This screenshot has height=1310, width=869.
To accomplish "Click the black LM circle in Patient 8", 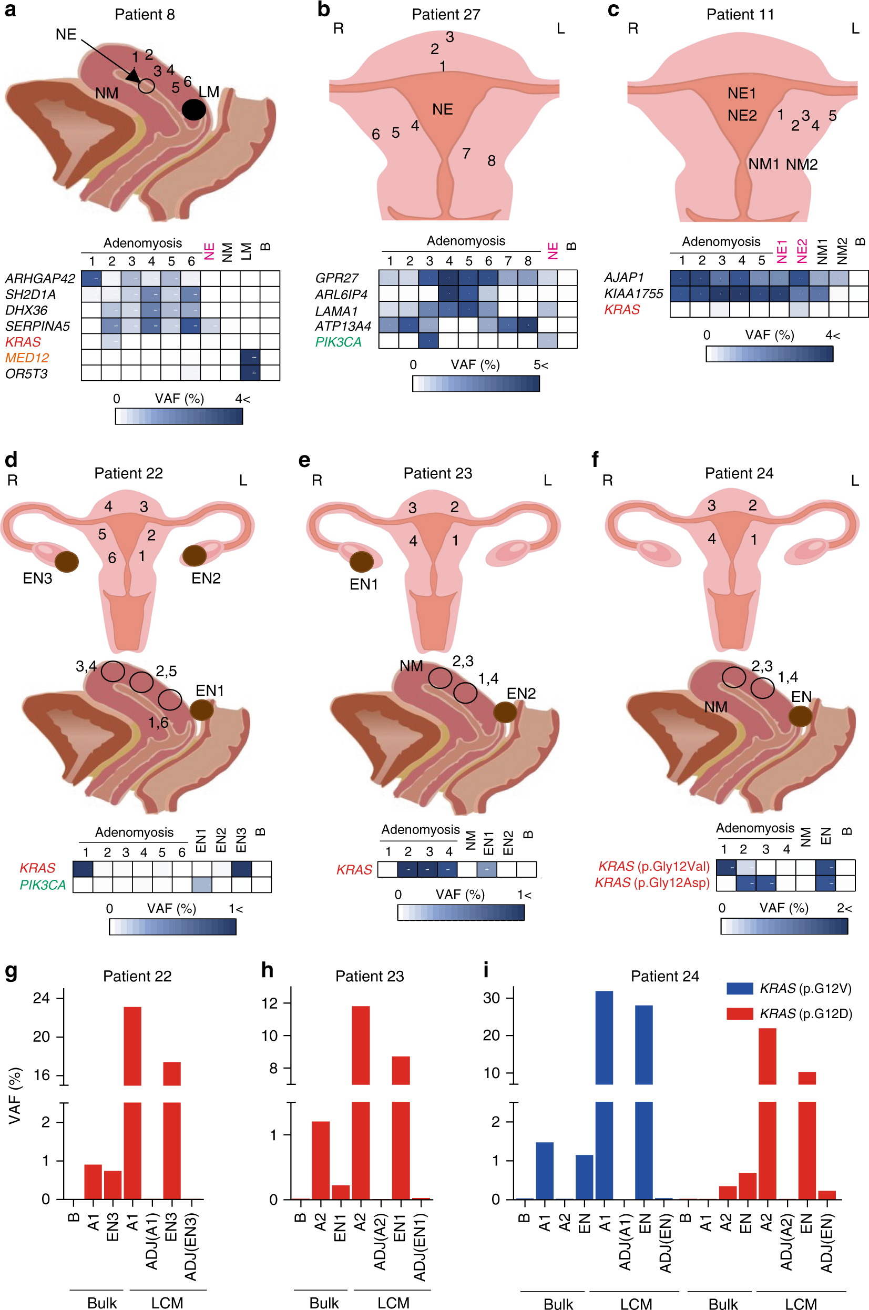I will click(194, 110).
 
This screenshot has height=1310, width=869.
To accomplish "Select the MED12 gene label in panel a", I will click(27, 358).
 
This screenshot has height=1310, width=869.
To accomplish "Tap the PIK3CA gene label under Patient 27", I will click(338, 342).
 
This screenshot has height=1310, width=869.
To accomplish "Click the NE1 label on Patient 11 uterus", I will click(742, 93).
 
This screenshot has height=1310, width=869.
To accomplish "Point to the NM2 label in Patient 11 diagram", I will click(801, 164).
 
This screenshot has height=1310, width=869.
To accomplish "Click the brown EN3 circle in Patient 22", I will click(67, 562).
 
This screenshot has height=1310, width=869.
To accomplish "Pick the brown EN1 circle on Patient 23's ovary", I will click(361, 562).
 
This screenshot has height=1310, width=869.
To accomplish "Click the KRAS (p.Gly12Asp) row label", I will click(652, 882).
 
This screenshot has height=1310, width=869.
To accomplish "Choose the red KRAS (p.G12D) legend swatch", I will click(739, 1013).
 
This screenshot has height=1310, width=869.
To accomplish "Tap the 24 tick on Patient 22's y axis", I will click(42, 998).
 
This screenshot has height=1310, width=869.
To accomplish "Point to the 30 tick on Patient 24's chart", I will click(492, 998).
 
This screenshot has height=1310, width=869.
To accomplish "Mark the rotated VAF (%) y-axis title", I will click(15, 1095).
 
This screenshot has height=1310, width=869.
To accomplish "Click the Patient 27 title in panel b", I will click(446, 14).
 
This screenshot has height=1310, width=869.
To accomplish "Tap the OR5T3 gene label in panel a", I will click(26, 374).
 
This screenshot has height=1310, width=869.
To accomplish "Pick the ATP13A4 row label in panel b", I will click(343, 327).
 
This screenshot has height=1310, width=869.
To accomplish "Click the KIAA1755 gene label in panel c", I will click(633, 294).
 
